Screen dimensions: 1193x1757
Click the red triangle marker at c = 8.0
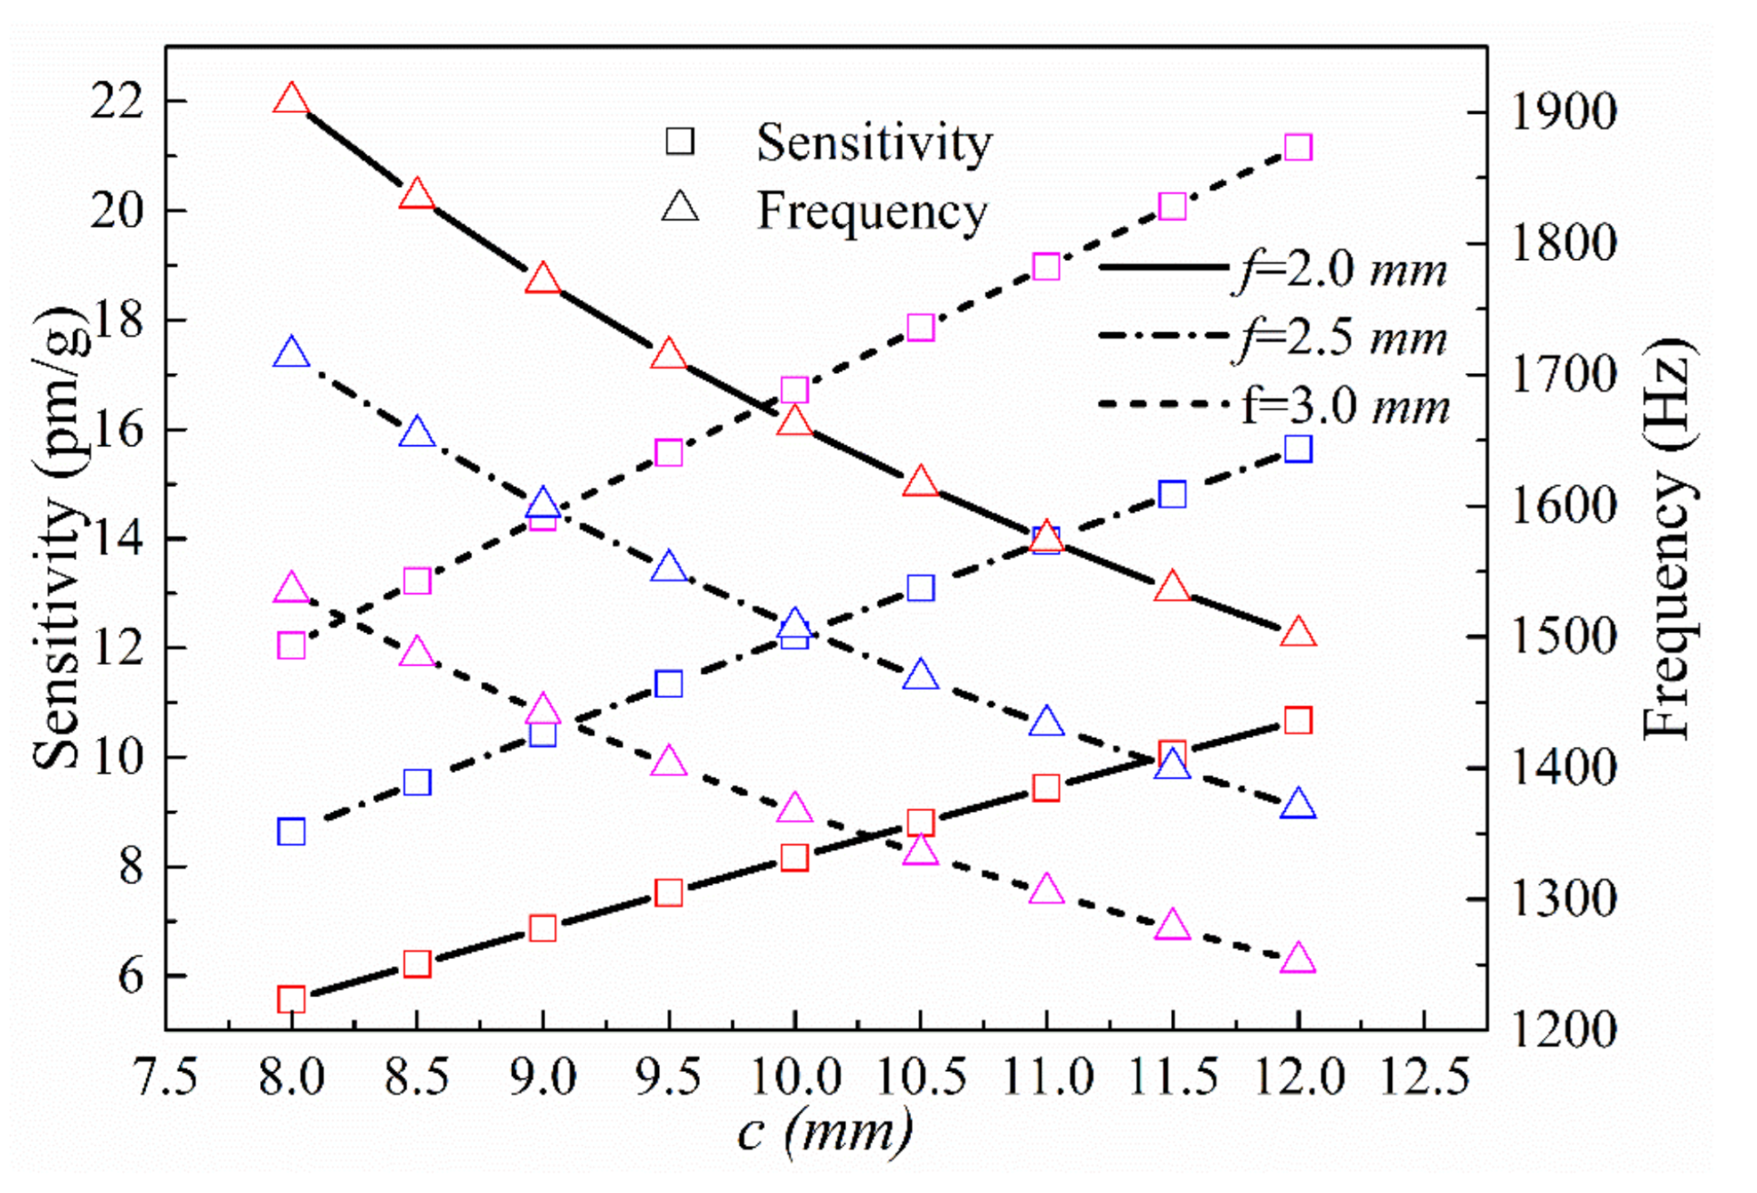coord(291,98)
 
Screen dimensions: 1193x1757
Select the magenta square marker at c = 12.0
coord(1297,147)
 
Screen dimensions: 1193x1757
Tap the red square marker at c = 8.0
coord(291,1000)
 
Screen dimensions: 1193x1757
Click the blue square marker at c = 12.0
coord(1297,449)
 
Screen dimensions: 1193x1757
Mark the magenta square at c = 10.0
coord(795,390)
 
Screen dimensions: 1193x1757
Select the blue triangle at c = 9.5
coord(669,568)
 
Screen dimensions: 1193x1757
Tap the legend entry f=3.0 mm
coord(1345,406)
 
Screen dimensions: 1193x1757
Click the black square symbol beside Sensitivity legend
coord(680,141)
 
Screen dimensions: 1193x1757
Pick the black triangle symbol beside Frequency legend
coord(680,208)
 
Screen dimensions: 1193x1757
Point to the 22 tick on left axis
coord(116,102)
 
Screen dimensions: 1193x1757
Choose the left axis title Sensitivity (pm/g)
coord(60,539)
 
